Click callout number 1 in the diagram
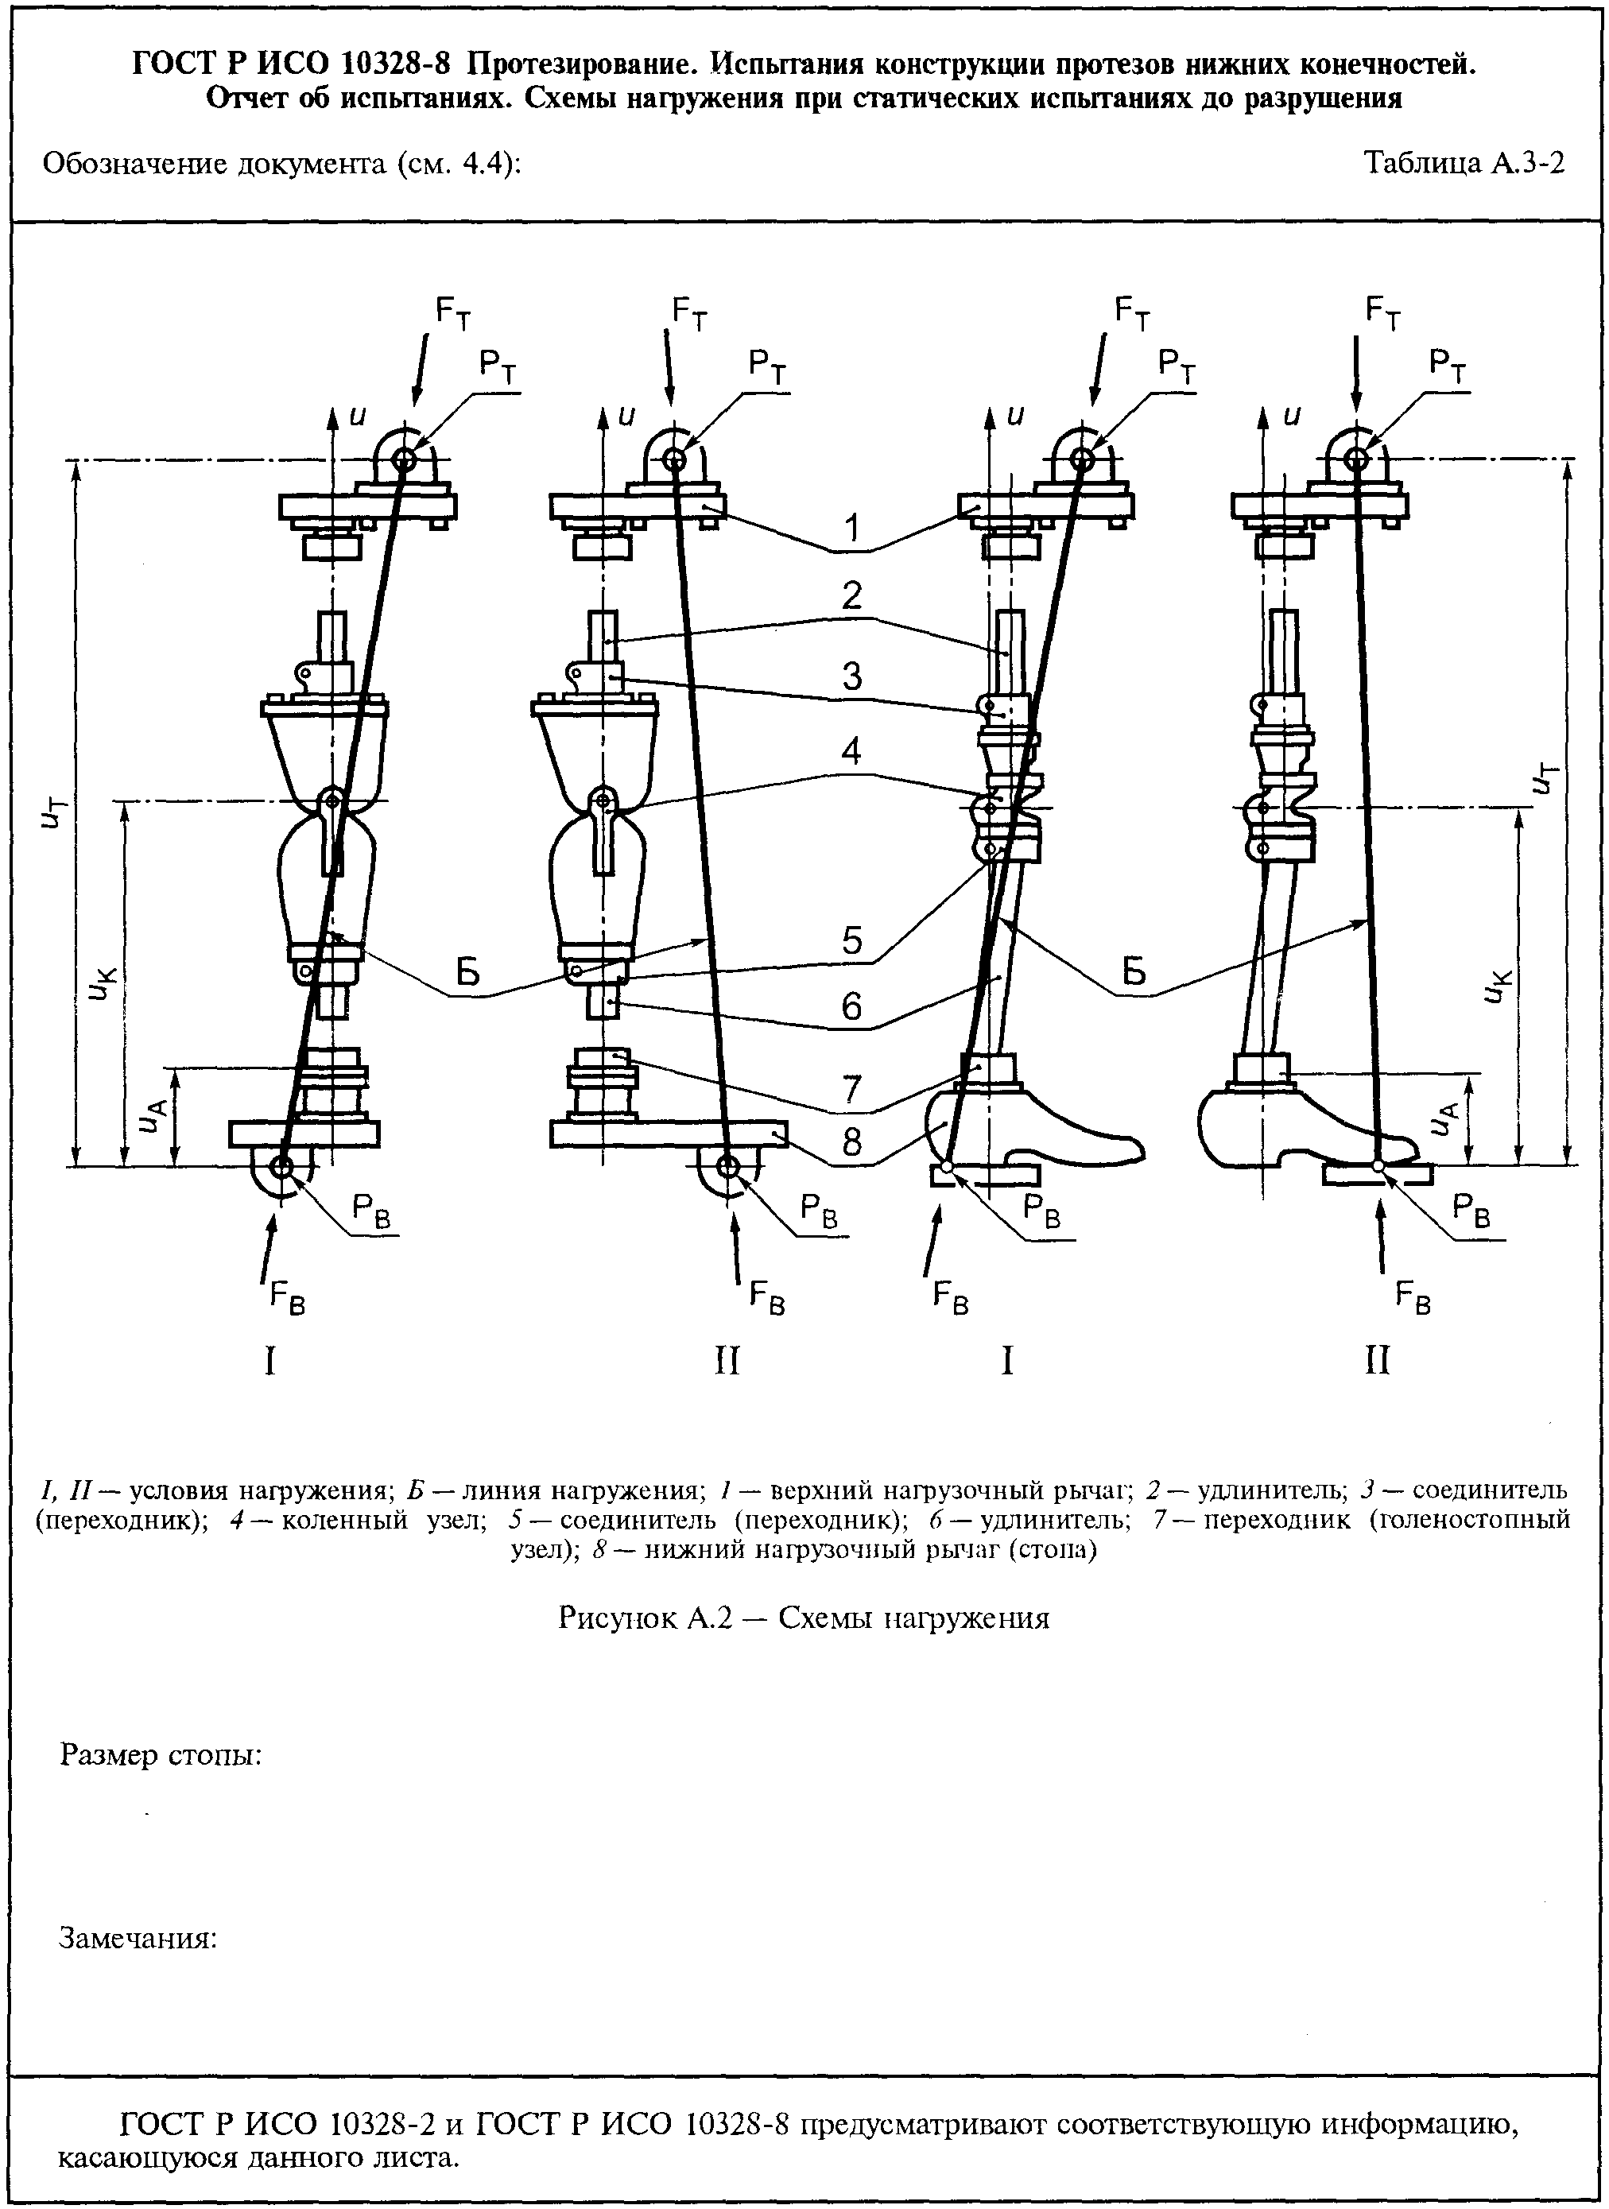[852, 528]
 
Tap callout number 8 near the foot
[852, 1141]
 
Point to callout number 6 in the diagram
[852, 1006]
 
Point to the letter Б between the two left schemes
[468, 973]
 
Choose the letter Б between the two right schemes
[1134, 971]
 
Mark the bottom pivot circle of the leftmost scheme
[281, 1167]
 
